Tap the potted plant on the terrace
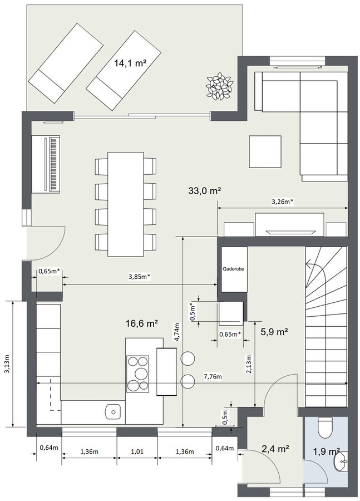219,85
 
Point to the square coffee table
265,151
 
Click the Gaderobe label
234,269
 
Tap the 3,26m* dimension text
282,202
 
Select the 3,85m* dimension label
140,277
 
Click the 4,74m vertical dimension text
178,332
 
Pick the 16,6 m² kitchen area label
142,324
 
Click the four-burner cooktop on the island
137,374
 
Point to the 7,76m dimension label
213,377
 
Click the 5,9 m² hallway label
275,332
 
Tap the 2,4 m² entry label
275,449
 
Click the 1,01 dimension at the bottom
137,452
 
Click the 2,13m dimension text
249,364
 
